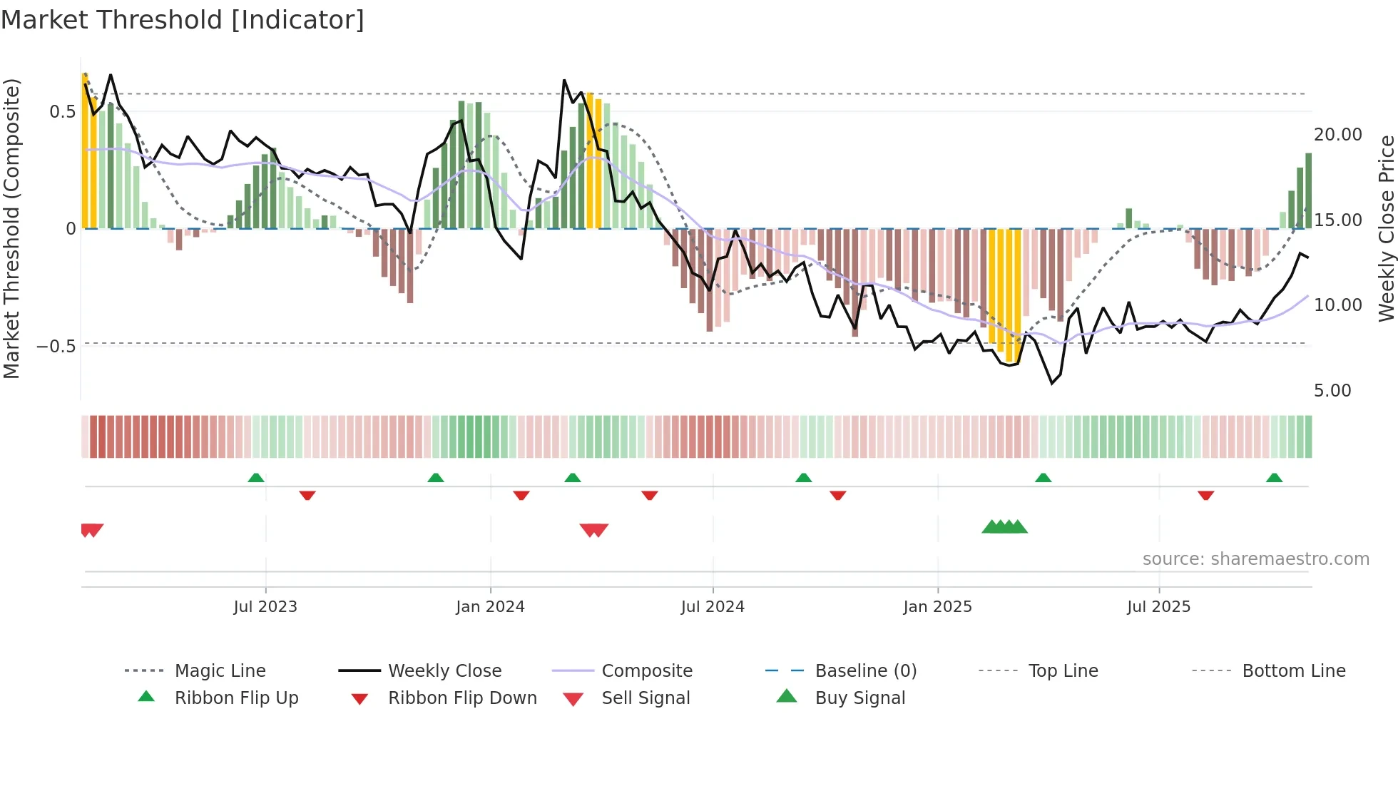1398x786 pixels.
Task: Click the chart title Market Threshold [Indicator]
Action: tap(183, 20)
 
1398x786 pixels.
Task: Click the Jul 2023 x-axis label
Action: tap(265, 607)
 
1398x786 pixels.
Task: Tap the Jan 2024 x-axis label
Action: tap(490, 607)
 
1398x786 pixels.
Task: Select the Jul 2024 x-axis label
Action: tap(713, 607)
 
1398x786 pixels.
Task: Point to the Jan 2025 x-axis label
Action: tap(937, 607)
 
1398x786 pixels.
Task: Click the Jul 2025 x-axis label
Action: tap(1159, 607)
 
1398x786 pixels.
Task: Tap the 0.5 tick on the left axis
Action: tap(62, 112)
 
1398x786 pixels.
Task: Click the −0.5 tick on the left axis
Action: tap(56, 347)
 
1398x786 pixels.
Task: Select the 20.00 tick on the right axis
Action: tap(1337, 135)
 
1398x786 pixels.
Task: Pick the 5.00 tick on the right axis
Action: tap(1332, 391)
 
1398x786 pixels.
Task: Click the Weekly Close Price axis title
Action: tap(1386, 228)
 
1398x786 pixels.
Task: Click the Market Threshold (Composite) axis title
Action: tap(11, 228)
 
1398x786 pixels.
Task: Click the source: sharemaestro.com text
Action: tap(1255, 559)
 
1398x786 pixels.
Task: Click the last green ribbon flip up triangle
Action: tap(1275, 478)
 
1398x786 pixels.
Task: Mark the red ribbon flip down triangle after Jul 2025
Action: tap(1206, 495)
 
